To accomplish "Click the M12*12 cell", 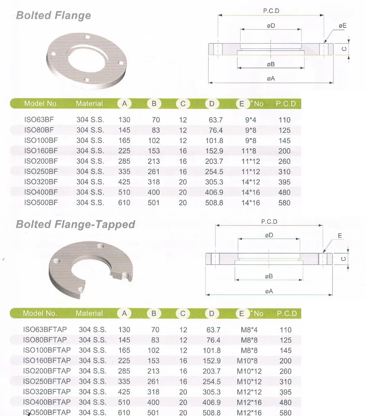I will pyautogui.click(x=249, y=392).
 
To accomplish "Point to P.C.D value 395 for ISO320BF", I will pyautogui.click(x=284, y=182).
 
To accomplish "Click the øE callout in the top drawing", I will pyautogui.click(x=342, y=26).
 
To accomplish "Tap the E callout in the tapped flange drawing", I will pyautogui.click(x=340, y=236).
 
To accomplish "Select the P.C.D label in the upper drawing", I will pyautogui.click(x=271, y=11).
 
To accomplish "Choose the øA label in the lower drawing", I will pyautogui.click(x=269, y=291).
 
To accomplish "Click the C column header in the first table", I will pyautogui.click(x=183, y=104).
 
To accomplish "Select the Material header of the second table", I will pyautogui.click(x=89, y=313).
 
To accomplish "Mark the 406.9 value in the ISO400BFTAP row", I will pyautogui.click(x=212, y=402).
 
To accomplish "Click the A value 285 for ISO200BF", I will pyautogui.click(x=124, y=161).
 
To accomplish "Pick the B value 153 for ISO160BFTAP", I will pyautogui.click(x=154, y=361).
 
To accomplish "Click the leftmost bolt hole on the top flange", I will pyautogui.click(x=54, y=55).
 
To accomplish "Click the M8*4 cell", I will pyautogui.click(x=249, y=330).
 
